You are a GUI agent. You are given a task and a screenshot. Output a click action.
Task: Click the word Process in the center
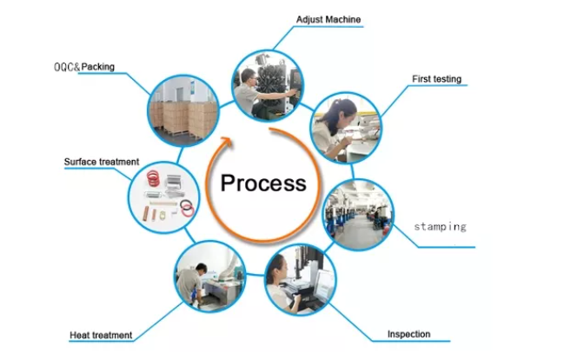[x=263, y=183]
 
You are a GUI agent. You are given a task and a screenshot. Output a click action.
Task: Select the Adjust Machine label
[x=328, y=19]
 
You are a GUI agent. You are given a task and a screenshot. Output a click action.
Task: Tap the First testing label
[x=436, y=79]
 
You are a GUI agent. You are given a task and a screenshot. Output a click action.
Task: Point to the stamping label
[x=440, y=226]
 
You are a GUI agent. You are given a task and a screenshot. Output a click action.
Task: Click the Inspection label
[x=408, y=334]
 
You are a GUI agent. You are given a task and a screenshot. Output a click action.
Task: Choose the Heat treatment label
[x=101, y=335]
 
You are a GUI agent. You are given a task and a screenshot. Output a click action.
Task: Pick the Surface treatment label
[x=102, y=162]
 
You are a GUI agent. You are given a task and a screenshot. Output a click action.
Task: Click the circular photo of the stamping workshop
[x=358, y=215]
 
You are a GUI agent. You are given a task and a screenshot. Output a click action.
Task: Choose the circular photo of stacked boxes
[x=183, y=109]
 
